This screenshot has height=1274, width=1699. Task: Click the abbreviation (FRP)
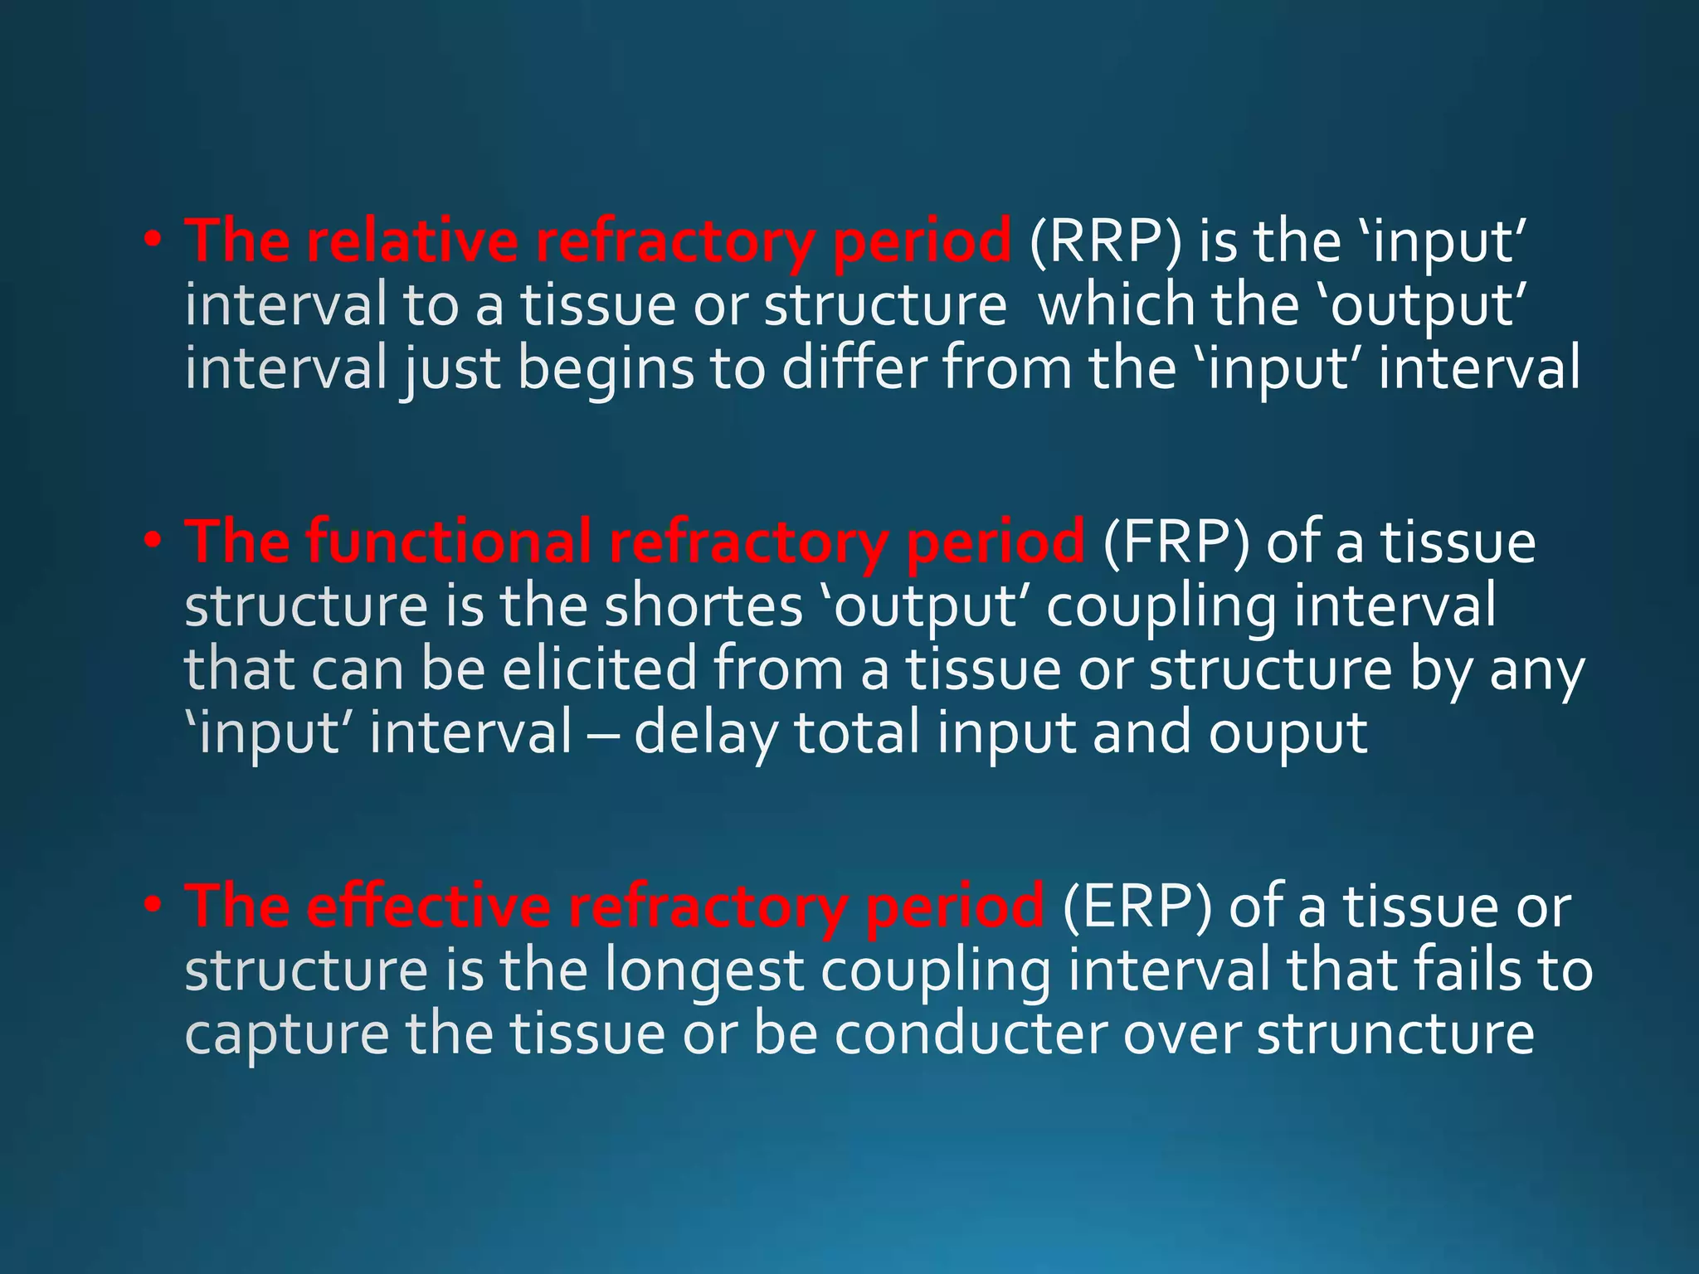tap(1176, 543)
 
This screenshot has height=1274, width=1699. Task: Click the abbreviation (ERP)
tap(1136, 907)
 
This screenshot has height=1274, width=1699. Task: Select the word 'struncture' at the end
tap(1395, 1035)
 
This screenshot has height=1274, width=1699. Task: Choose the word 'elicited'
tap(600, 670)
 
